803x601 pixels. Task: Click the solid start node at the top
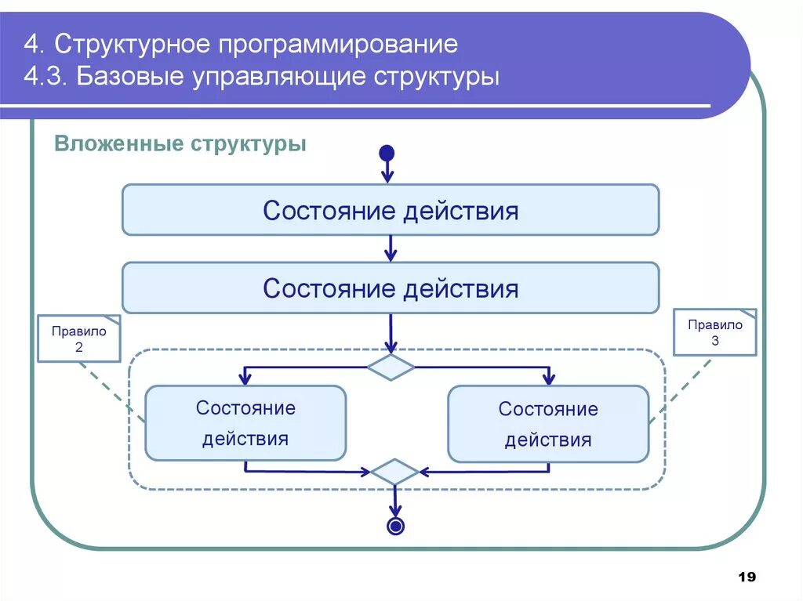tap(387, 153)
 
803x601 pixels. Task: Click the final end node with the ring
tap(396, 526)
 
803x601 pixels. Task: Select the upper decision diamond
tap(391, 367)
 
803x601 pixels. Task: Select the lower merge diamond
tap(394, 472)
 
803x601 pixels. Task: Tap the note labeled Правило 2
tap(79, 339)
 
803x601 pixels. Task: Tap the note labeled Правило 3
tap(715, 332)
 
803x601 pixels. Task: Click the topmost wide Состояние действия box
tap(391, 210)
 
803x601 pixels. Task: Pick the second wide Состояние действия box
tap(391, 288)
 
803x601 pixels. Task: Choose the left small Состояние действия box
tap(245, 423)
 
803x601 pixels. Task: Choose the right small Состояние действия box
tap(548, 424)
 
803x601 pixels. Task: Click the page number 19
tap(747, 577)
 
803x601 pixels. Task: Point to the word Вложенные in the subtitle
tap(118, 145)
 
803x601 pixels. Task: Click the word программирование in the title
tap(339, 44)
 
